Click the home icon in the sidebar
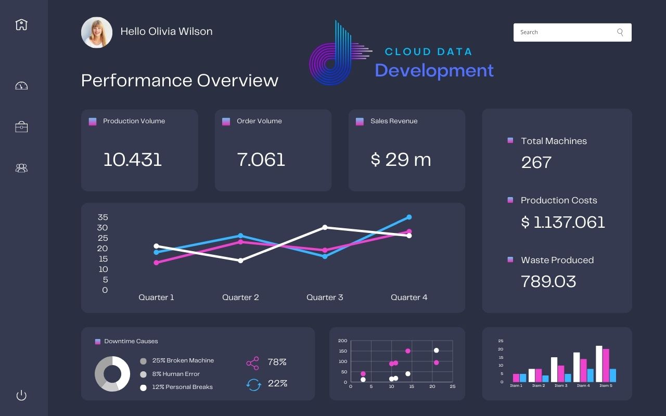click(x=21, y=24)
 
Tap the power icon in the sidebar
click(x=21, y=395)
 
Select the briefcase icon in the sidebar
click(x=21, y=127)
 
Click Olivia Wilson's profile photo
click(x=97, y=32)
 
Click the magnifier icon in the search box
click(x=620, y=32)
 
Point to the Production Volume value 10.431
click(x=133, y=160)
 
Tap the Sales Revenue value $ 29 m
click(x=401, y=160)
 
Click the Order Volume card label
click(x=259, y=121)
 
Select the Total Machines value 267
click(x=536, y=163)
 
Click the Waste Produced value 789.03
click(x=548, y=282)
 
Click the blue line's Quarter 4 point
click(x=409, y=217)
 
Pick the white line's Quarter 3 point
click(x=325, y=227)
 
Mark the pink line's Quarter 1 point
click(x=156, y=263)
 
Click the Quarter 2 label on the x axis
click(x=240, y=297)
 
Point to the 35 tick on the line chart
click(x=103, y=217)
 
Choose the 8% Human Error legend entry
click(x=176, y=374)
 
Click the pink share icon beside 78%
click(x=252, y=362)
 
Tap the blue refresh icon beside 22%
click(x=253, y=384)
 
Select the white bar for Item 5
click(x=599, y=363)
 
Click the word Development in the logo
click(x=434, y=70)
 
